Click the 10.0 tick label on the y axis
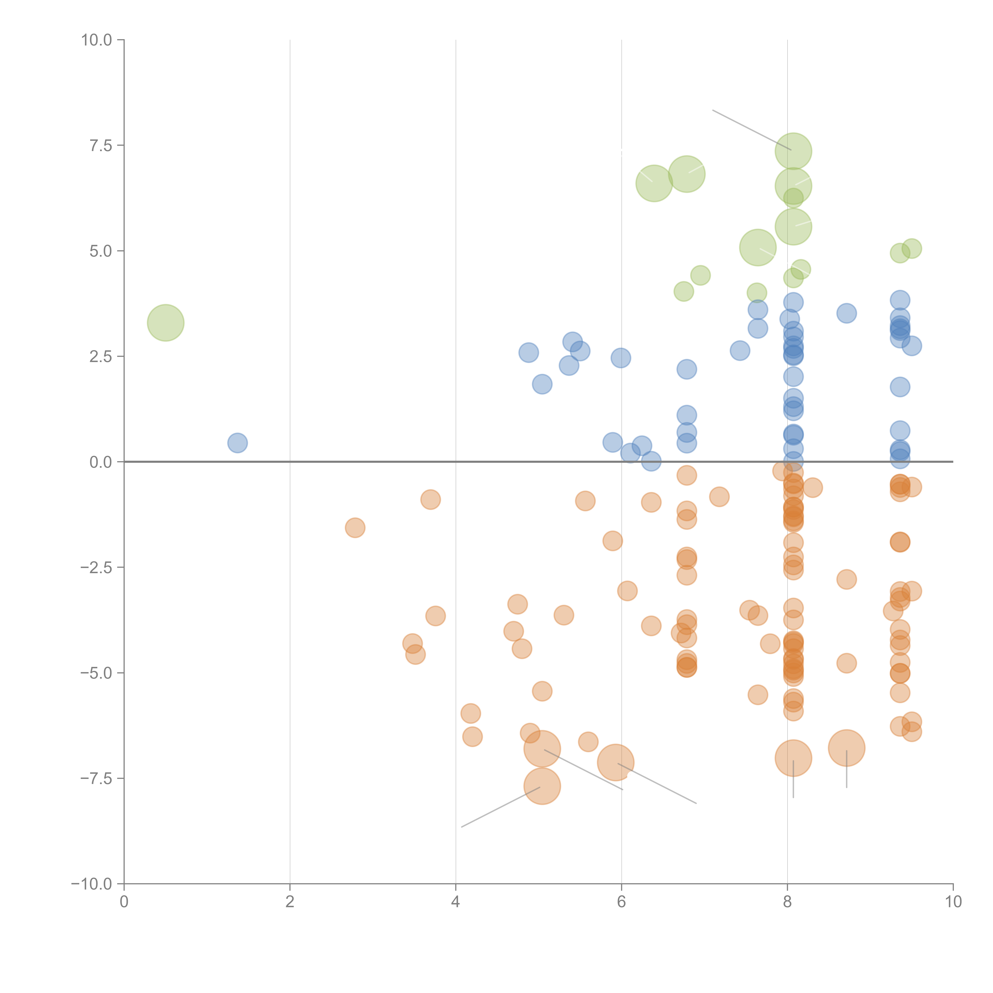97,40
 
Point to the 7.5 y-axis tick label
101,145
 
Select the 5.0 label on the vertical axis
101,251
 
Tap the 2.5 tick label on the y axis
101,357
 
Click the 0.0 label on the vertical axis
101,462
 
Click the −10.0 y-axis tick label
92,884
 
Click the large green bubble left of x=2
165,323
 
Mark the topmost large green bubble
793,151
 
